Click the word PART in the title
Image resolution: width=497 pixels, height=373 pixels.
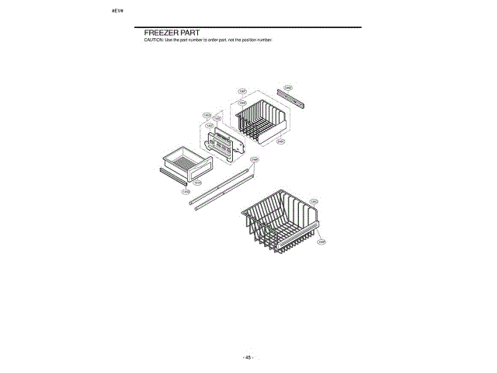[x=191, y=33]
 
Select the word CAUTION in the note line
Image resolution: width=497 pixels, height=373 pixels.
[x=153, y=40]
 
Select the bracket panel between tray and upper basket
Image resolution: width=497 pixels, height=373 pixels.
[x=228, y=145]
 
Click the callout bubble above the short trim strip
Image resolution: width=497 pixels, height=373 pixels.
[x=287, y=88]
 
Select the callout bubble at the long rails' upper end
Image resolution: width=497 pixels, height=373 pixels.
[x=255, y=160]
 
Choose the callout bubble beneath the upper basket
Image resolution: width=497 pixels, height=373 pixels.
[x=280, y=141]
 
